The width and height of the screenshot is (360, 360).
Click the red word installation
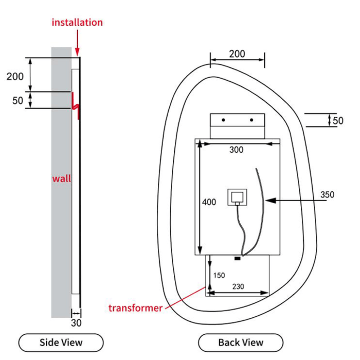pyautogui.click(x=77, y=22)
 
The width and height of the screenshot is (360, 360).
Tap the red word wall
pyautogui.click(x=62, y=179)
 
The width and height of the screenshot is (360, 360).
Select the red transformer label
pyautogui.click(x=135, y=308)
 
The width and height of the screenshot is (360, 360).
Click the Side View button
pyautogui.click(x=61, y=342)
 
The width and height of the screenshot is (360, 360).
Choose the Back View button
pyautogui.click(x=241, y=342)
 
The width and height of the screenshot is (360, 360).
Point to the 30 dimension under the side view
pyautogui.click(x=76, y=323)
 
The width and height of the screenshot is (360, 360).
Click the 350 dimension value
pyautogui.click(x=327, y=194)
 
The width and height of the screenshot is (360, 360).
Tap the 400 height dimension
pyautogui.click(x=209, y=202)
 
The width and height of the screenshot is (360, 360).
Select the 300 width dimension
pyautogui.click(x=236, y=150)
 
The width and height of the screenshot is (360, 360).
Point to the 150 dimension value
pyautogui.click(x=219, y=276)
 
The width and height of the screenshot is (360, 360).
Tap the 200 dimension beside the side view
pyautogui.click(x=15, y=77)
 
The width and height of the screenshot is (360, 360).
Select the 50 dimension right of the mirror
pyautogui.click(x=338, y=121)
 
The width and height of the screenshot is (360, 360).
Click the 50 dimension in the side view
pyautogui.click(x=18, y=100)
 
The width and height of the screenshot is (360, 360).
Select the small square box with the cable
pyautogui.click(x=237, y=196)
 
